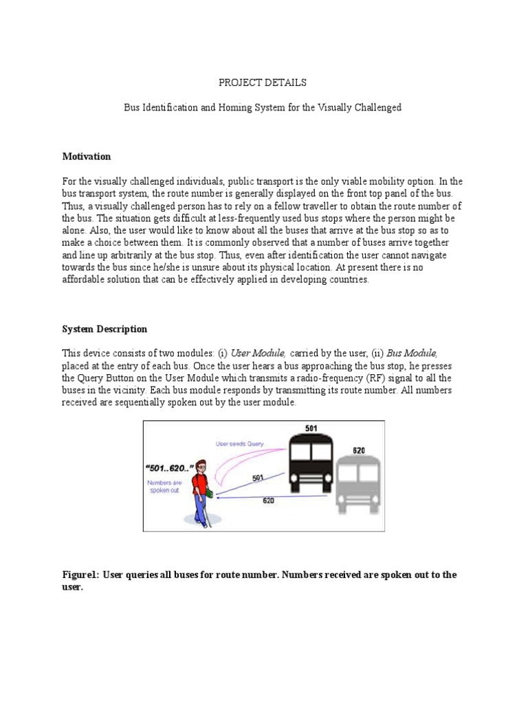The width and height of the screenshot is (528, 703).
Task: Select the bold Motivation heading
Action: coord(86,157)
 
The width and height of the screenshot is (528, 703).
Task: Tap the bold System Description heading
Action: coord(104,329)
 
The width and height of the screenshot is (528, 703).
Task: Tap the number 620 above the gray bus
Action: coord(358,451)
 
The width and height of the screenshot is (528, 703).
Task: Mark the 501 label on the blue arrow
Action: coord(258,478)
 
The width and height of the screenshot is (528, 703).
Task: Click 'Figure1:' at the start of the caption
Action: coord(81,575)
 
